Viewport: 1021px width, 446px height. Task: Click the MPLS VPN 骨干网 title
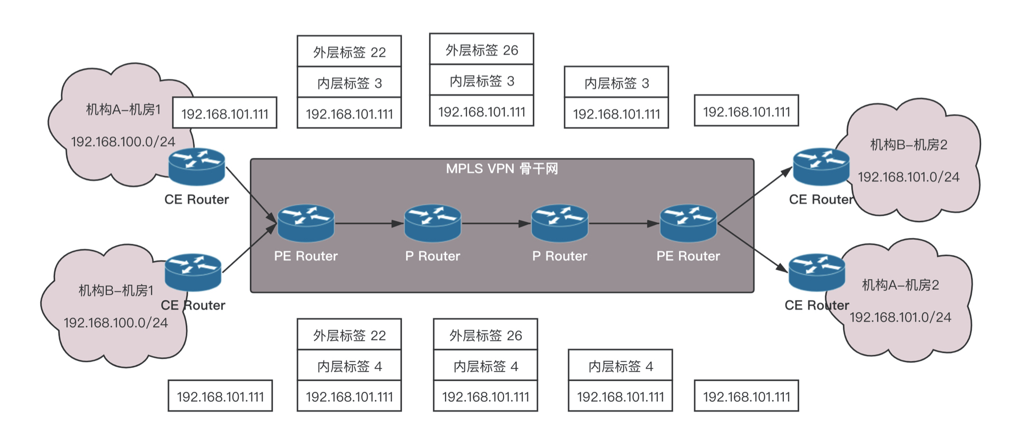(501, 169)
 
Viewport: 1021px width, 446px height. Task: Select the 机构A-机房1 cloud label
(123, 110)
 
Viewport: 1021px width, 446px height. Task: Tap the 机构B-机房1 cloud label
(116, 290)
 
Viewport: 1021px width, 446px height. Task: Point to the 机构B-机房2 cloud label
(908, 145)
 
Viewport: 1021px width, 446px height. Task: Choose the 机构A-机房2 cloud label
(900, 285)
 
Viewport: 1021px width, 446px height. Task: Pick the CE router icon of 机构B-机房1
(193, 272)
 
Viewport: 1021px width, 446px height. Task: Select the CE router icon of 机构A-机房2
(816, 272)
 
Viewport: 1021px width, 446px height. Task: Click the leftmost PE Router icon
(306, 223)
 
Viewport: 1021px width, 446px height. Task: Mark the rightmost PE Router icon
(688, 223)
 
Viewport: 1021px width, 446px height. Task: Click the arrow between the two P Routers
(496, 224)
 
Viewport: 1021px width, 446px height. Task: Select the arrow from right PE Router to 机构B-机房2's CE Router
(755, 195)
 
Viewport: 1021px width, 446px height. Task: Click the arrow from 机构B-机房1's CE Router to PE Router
(250, 248)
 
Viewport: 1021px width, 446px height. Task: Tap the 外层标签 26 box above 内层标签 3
(481, 50)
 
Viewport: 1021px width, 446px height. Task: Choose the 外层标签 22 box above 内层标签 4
(349, 335)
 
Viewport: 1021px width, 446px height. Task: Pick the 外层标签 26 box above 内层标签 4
(486, 335)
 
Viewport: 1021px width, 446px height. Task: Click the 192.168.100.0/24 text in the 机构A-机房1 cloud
(123, 142)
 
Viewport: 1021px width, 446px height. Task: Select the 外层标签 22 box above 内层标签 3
(349, 52)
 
